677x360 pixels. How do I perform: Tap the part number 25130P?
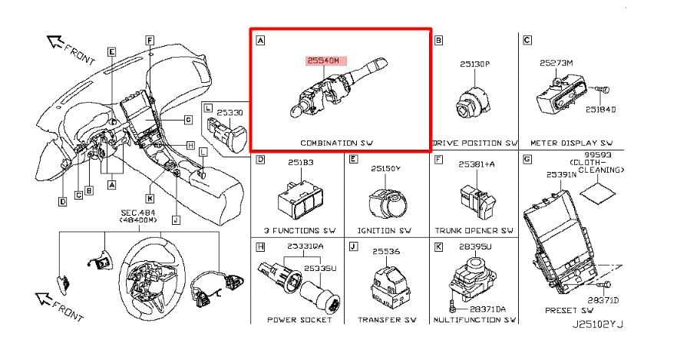point(475,65)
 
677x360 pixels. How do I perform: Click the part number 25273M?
point(556,63)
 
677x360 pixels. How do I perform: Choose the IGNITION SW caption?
point(384,230)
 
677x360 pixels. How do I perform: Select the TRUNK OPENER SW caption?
point(474,230)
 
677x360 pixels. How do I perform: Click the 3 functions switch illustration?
point(296,199)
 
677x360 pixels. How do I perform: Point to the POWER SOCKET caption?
point(299,319)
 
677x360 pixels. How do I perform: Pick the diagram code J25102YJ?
point(598,325)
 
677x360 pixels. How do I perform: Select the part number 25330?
point(228,113)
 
